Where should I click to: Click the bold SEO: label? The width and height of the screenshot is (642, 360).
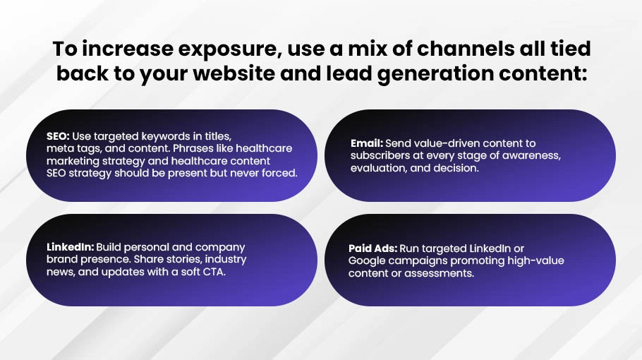tap(58, 136)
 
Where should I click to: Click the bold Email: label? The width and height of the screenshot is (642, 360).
tap(366, 143)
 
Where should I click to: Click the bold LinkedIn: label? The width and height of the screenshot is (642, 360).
tap(70, 247)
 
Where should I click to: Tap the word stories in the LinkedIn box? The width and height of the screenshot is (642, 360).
tap(186, 259)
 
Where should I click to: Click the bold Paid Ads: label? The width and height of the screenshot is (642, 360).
tap(373, 248)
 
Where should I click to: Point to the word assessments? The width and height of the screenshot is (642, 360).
tap(439, 273)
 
